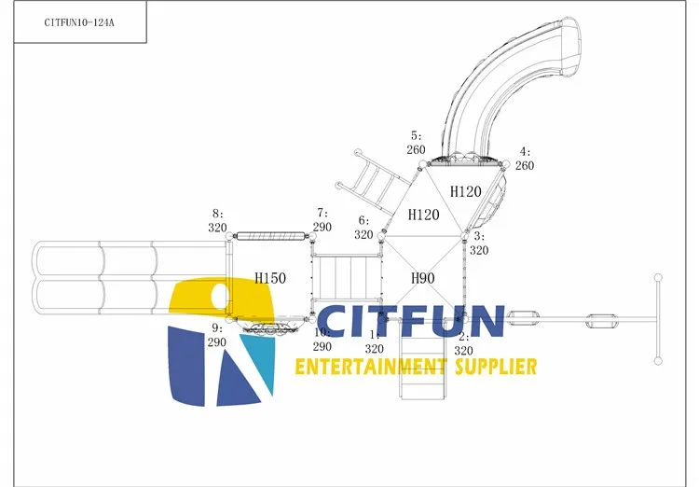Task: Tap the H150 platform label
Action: tap(270, 278)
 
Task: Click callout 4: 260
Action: tap(525, 159)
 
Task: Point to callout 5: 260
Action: tap(416, 143)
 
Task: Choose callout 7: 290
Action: tap(322, 220)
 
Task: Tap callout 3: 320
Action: tap(478, 243)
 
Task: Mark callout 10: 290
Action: tap(322, 340)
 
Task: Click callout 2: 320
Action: tap(463, 343)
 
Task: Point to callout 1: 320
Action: tap(374, 341)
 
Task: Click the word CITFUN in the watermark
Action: tap(412, 322)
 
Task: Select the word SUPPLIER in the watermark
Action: tap(494, 366)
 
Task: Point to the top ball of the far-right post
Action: tap(658, 278)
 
